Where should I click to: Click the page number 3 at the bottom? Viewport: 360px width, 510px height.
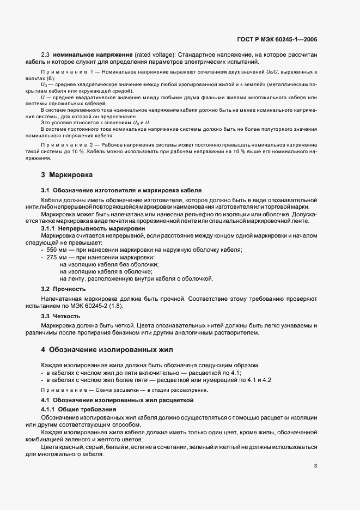point(316,466)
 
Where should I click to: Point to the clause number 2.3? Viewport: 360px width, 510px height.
point(46,56)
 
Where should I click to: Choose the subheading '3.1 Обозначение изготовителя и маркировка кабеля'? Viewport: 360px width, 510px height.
point(121,190)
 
